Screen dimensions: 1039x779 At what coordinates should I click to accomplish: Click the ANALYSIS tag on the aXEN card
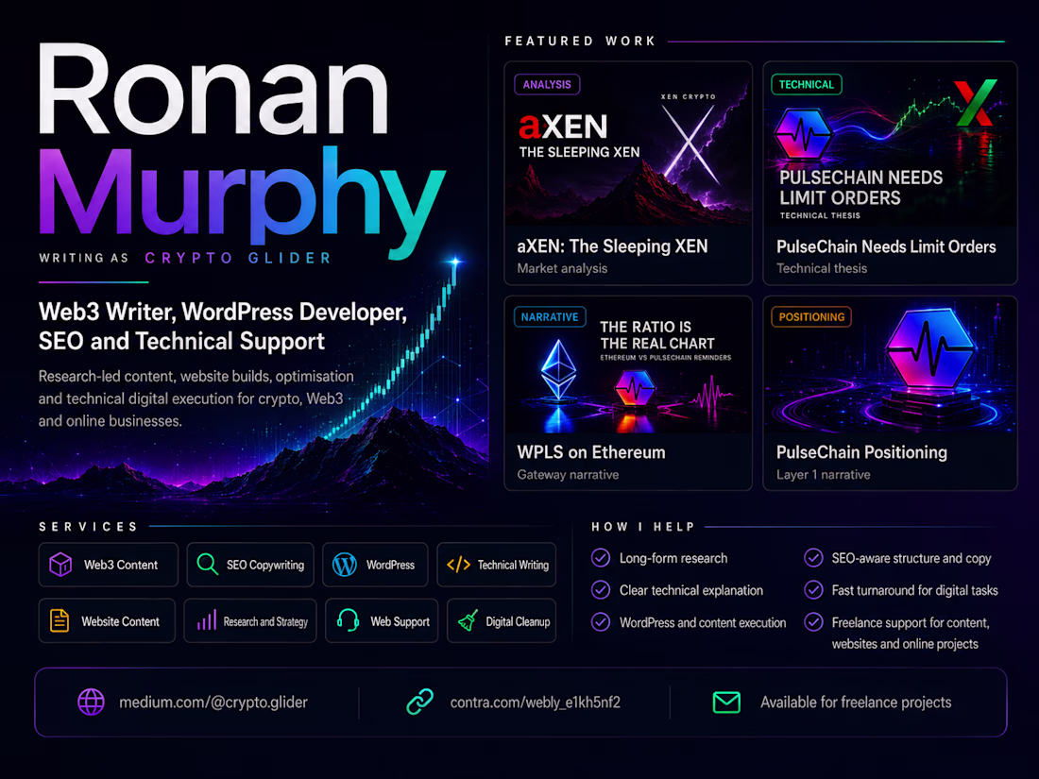point(547,84)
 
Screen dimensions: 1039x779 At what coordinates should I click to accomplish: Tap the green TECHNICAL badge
point(807,84)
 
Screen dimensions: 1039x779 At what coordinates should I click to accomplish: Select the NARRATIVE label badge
point(550,316)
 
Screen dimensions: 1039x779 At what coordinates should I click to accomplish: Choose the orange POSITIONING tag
point(811,316)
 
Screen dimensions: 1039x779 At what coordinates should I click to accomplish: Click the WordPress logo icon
point(345,565)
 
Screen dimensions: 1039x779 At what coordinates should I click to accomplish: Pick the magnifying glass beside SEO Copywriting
point(208,565)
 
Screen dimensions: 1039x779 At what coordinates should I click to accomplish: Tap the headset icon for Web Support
point(348,620)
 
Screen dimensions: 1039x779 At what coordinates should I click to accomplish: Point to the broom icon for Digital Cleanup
point(468,620)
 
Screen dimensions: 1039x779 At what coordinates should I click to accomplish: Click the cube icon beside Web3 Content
point(60,565)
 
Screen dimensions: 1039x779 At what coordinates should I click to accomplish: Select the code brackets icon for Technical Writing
point(458,565)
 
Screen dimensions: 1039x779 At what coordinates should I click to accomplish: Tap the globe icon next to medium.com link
point(91,703)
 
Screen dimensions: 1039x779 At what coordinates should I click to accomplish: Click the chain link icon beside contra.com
point(419,703)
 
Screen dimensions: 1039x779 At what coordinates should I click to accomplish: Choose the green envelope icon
point(726,703)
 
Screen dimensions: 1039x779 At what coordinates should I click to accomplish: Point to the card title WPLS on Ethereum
point(591,452)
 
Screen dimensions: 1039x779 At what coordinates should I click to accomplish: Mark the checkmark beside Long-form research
point(601,558)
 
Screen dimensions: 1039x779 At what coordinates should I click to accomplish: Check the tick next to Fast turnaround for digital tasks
point(813,589)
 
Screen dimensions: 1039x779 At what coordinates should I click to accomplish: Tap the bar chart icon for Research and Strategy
point(207,620)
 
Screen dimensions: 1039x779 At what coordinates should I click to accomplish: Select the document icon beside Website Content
point(60,620)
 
